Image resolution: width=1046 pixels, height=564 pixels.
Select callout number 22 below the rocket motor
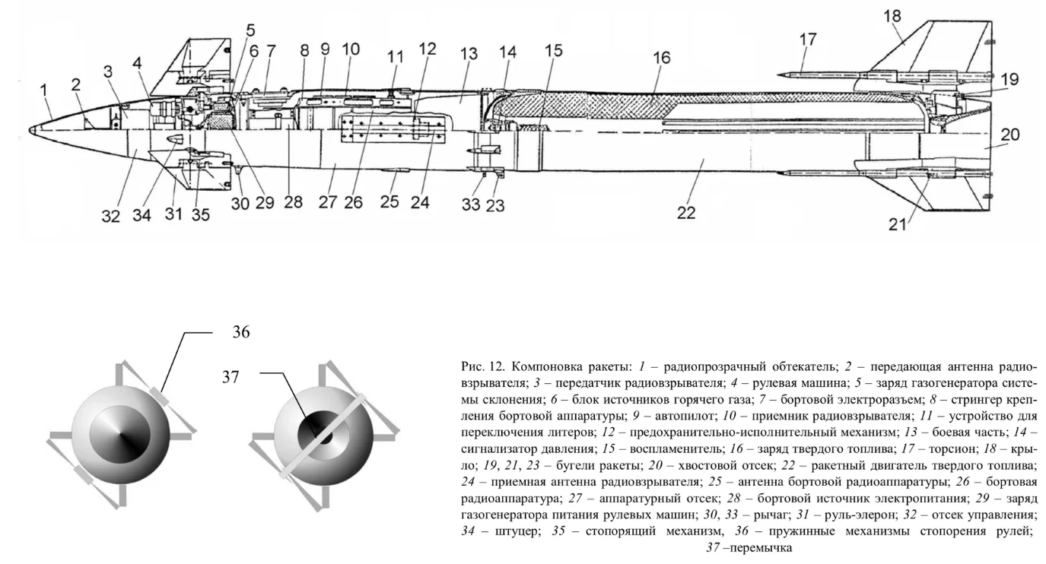pyautogui.click(x=688, y=214)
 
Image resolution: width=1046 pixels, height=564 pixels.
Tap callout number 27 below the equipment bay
pyautogui.click(x=327, y=203)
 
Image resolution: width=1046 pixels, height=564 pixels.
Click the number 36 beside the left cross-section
pyautogui.click(x=240, y=332)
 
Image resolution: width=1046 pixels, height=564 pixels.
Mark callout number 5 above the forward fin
pyautogui.click(x=250, y=31)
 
